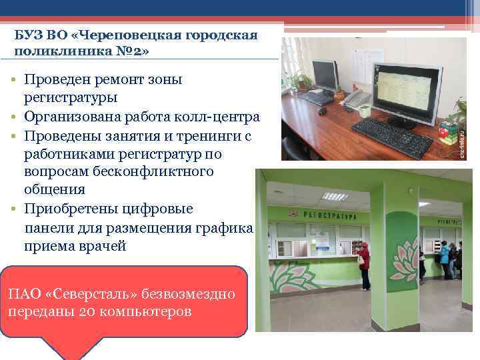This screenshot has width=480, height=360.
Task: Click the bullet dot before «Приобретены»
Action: tap(13, 209)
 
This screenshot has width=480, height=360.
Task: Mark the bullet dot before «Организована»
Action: tap(13, 117)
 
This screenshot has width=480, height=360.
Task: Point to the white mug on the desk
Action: tap(339, 95)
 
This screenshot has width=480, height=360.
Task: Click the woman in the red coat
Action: tap(364, 264)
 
